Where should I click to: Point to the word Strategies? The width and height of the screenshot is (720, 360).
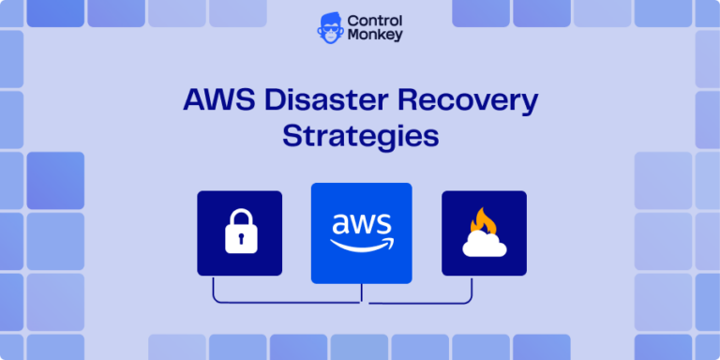[361, 135]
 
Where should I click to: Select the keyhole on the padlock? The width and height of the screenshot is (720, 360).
[240, 241]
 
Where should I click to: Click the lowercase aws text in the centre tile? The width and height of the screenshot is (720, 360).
[361, 225]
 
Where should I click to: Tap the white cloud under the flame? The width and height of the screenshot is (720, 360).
[484, 245]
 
